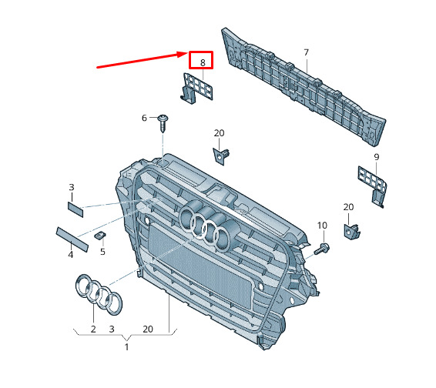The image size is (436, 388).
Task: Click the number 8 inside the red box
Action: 203,63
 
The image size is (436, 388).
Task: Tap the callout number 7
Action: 306,52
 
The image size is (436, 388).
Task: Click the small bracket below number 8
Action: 195,88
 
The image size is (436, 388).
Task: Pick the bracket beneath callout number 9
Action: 373,186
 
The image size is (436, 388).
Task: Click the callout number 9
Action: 377,157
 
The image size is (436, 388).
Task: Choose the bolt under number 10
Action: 322,249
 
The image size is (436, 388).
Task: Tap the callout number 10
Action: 322,226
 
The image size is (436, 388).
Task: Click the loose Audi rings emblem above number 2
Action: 99,295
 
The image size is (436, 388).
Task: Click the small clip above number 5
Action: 100,236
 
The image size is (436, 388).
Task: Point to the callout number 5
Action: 102,252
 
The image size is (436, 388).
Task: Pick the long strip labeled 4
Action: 73,239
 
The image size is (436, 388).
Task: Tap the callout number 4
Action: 71,254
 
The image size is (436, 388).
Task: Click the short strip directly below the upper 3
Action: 75,209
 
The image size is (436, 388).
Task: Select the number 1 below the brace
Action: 126,347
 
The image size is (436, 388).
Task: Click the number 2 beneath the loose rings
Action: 93,329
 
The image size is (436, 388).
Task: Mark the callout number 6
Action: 144,118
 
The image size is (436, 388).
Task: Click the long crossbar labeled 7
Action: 303,86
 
